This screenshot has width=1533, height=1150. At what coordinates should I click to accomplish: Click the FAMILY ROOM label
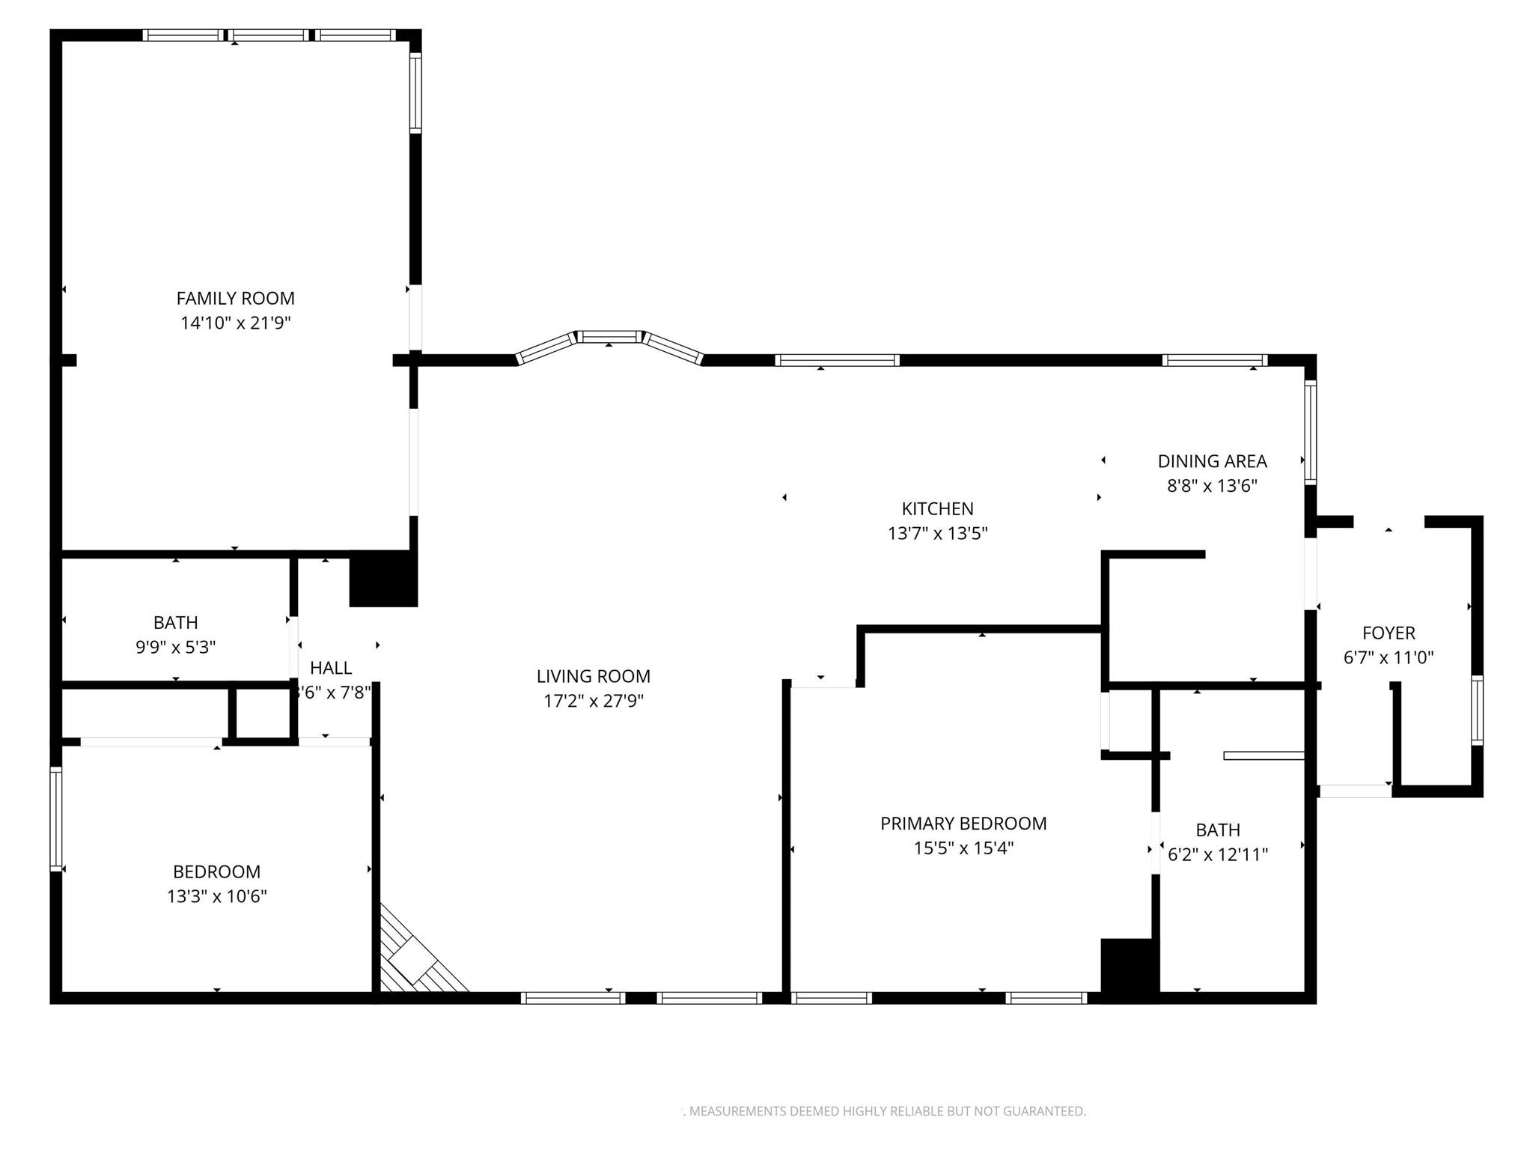point(235,298)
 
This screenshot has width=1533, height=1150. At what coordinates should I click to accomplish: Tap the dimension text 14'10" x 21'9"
point(235,323)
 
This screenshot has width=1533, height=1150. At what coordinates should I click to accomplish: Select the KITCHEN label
point(937,509)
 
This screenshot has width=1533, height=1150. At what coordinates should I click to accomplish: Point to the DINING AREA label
point(1212,461)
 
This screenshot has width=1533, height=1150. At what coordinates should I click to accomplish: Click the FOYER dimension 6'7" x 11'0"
point(1389,658)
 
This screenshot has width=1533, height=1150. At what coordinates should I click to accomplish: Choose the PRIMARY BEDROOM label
point(963,824)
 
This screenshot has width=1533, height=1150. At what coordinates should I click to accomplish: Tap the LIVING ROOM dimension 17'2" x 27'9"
point(594,702)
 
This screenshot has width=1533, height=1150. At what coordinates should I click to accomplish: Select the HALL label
point(331,668)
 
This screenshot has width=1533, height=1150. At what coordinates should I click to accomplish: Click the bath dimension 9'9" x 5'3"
point(175,647)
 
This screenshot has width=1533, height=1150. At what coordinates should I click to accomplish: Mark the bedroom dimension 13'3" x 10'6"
point(216,896)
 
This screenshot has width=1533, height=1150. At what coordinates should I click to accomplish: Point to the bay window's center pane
point(609,337)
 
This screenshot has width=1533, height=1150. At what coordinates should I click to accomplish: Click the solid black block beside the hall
point(383,579)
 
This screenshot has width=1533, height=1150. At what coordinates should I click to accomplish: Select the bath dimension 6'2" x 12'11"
point(1218,854)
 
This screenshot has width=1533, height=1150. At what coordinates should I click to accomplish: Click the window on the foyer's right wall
point(1476,710)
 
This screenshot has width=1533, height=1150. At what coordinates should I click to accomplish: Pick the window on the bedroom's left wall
point(55,819)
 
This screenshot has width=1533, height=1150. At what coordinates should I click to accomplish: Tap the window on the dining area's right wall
point(1310,432)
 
